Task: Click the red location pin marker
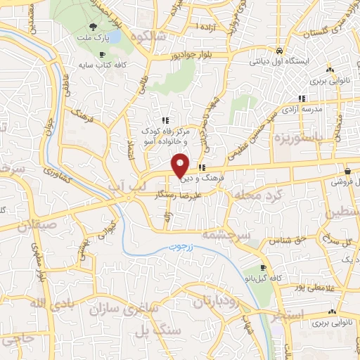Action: tap(181, 165)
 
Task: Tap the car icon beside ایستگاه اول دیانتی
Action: tap(279, 51)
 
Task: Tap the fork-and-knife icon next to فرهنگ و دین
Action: tap(202, 167)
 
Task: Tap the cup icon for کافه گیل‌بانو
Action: tap(263, 268)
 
